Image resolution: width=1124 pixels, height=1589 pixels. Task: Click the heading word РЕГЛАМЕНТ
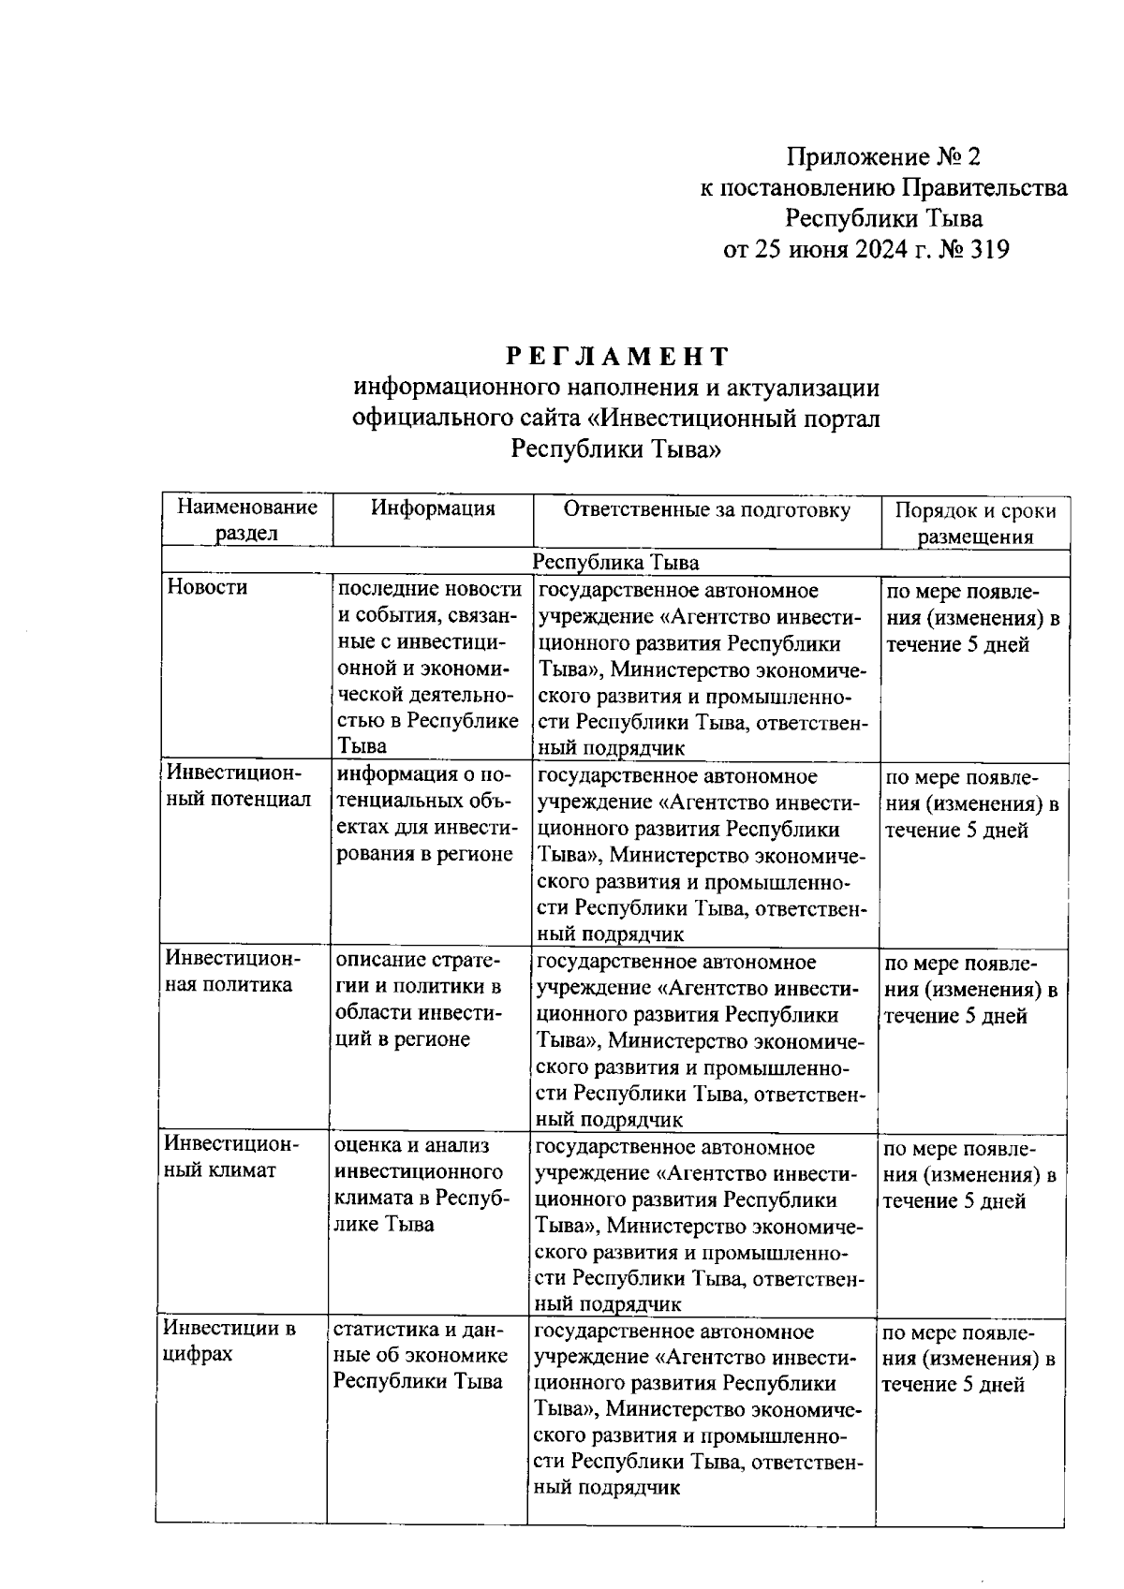[617, 356]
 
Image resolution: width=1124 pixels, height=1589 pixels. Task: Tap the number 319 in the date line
[985, 250]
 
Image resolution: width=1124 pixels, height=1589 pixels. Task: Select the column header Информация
[433, 508]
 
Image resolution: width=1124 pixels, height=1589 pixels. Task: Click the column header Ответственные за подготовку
[706, 509]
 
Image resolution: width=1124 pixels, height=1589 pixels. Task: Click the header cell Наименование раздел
[247, 521]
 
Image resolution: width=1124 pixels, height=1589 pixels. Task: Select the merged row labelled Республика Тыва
[615, 562]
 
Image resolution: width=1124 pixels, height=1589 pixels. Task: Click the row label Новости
[207, 587]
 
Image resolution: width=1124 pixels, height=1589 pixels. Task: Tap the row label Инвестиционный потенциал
[238, 787]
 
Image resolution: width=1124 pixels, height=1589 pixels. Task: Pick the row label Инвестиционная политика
[233, 972]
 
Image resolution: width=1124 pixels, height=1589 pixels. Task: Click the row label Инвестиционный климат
[231, 1157]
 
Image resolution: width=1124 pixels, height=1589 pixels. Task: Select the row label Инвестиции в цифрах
[229, 1341]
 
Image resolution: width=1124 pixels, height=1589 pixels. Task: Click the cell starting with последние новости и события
[429, 667]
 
